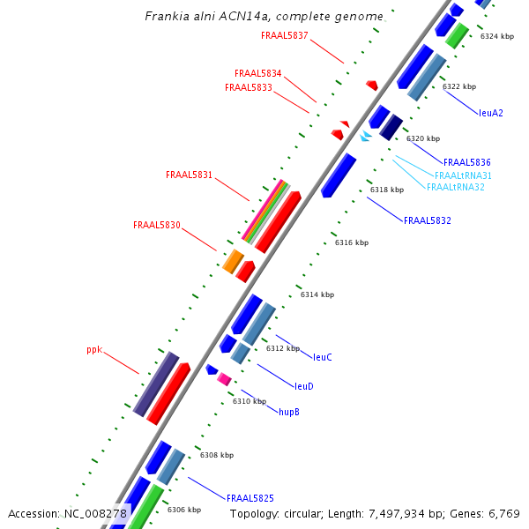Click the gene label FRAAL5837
[x=285, y=35]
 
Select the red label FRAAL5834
[x=257, y=73]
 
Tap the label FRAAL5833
[x=248, y=87]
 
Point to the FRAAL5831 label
[x=189, y=175]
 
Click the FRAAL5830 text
[x=156, y=225]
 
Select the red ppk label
[x=94, y=349]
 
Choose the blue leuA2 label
[x=491, y=113]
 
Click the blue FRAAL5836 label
[x=466, y=162]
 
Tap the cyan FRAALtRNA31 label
[x=463, y=175]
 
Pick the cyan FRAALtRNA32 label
[x=455, y=187]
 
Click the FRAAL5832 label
[x=427, y=220]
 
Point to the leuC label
[x=323, y=357]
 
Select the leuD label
[x=303, y=386]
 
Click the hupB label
[x=288, y=412]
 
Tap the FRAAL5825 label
[x=250, y=498]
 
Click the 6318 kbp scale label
[x=386, y=190]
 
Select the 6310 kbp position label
[x=249, y=401]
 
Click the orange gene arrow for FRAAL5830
[x=233, y=261]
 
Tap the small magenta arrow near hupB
[x=224, y=379]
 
